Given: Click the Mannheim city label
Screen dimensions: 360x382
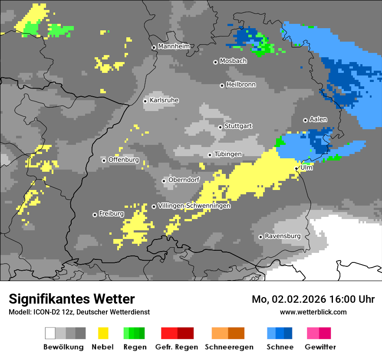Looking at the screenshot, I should pos(174,46).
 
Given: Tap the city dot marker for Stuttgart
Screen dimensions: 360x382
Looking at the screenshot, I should pos(220,127).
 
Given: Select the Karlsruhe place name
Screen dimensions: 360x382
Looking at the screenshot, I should pos(164,100).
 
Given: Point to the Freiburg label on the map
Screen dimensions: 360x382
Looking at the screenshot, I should pos(111,214).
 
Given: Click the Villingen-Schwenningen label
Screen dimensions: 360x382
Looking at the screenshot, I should pos(194,206).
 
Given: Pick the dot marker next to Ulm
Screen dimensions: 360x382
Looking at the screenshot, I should pos(296,169).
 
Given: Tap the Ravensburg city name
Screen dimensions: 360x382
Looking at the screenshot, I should pos(283,236).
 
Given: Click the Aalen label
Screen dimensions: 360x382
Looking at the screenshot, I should pos(318,119).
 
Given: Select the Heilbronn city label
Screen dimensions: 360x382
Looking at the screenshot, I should pos(241,85).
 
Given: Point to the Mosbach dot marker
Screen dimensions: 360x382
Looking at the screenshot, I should pos(215,62).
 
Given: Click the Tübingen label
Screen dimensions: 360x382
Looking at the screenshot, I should pos(228,154).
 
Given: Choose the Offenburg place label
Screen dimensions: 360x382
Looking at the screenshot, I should pos(124,160).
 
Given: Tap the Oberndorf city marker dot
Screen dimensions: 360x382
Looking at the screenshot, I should pos(164,181).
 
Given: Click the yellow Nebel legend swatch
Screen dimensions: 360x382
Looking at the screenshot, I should pos(103,333).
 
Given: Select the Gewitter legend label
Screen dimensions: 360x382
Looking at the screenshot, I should pos(320,347).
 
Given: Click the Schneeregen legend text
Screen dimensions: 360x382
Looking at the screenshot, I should pos(229,347).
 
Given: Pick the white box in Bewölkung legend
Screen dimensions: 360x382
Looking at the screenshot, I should pos(50,333).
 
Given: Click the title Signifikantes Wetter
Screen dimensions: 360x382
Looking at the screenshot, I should pos(72,299).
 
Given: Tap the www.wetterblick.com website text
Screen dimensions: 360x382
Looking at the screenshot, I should pos(313,312).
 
